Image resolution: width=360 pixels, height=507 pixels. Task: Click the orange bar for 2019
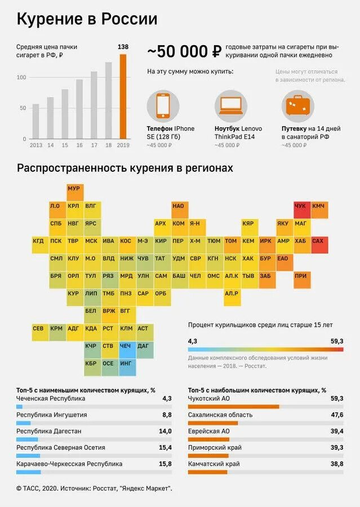123,96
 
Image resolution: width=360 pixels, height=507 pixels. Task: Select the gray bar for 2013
36,121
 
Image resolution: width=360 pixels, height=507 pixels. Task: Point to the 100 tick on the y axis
21,77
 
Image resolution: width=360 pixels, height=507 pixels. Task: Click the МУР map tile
74,189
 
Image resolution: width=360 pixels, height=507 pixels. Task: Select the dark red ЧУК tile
300,207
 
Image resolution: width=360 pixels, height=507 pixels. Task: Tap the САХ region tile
318,241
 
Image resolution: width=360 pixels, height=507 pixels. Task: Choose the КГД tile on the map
38,241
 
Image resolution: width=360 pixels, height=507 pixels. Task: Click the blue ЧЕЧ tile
126,346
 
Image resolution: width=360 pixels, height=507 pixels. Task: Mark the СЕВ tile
38,328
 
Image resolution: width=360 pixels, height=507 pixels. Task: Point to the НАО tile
178,207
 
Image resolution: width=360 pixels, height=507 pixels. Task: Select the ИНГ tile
126,363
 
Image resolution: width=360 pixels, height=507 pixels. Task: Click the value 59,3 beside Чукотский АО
337,398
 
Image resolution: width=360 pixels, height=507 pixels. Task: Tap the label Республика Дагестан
49,431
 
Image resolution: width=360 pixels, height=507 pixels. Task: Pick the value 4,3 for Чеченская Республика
167,398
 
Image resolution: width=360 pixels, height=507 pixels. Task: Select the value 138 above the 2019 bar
123,47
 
